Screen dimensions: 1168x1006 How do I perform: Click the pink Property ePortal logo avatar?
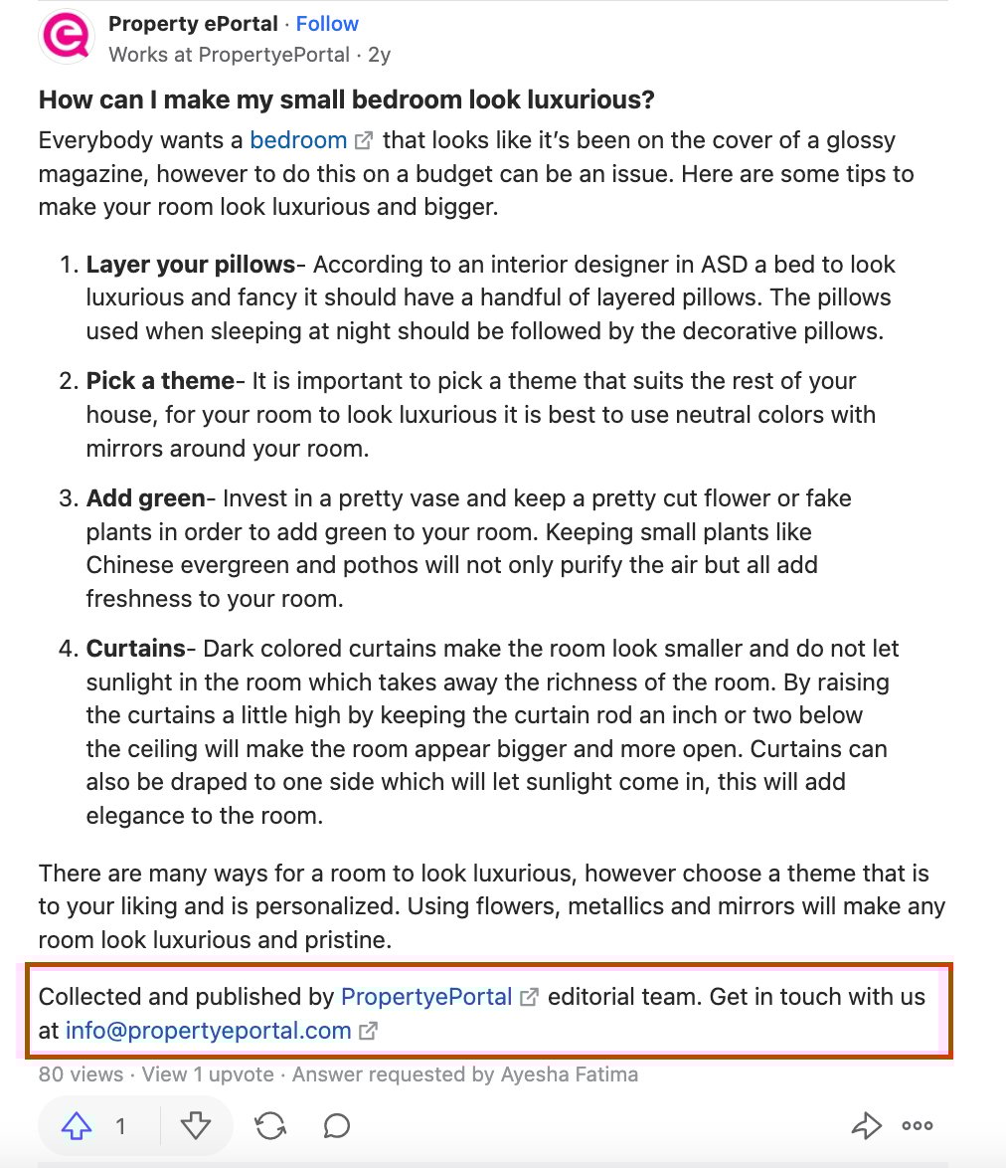[67, 37]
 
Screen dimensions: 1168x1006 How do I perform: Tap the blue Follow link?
[327, 24]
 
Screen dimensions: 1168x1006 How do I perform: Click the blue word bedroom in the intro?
[298, 140]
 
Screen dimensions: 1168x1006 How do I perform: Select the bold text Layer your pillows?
[190, 265]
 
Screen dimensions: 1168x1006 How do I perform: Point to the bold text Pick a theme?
[159, 381]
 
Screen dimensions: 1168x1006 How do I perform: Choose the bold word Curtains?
[135, 649]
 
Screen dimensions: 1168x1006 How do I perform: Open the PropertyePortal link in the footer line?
[426, 997]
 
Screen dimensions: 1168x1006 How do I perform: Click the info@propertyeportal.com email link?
[208, 1031]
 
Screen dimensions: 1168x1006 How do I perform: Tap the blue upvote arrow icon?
[77, 1126]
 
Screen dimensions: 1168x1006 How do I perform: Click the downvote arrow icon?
[196, 1126]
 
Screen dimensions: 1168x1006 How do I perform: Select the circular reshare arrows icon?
[269, 1126]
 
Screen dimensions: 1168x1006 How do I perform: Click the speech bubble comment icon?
[337, 1126]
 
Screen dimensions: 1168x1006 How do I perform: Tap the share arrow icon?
[867, 1126]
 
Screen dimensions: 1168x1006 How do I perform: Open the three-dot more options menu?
[918, 1126]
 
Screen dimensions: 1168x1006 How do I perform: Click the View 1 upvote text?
[209, 1074]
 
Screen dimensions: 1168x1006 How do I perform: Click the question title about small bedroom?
[346, 100]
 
